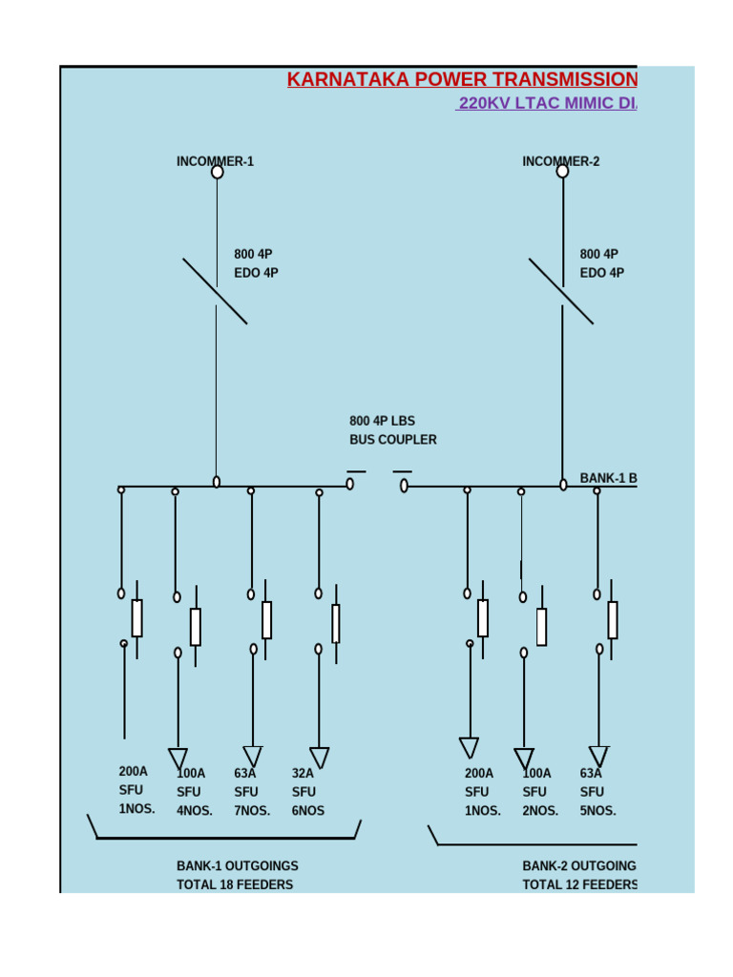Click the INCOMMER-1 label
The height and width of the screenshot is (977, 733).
tap(215, 161)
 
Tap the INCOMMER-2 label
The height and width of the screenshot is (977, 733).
tap(560, 161)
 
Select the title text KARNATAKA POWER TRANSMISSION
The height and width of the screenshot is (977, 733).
tap(462, 79)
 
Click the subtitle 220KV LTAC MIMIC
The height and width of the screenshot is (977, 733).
tap(546, 103)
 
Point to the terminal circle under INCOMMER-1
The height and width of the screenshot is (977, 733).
tap(217, 172)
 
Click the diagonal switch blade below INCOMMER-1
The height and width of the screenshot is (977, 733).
tap(215, 291)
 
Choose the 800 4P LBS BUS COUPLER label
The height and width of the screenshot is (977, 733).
tap(392, 430)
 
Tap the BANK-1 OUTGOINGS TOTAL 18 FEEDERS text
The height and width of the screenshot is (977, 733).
tap(237, 875)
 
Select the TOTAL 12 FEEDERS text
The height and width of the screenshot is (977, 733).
tap(579, 884)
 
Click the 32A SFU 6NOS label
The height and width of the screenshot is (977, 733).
tap(308, 791)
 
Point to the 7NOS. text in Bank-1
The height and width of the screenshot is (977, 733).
tap(252, 811)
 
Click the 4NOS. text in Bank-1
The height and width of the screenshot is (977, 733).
tap(195, 811)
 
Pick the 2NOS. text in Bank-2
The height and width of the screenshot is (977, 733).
tap(540, 811)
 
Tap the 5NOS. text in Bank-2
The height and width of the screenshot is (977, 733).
tap(597, 811)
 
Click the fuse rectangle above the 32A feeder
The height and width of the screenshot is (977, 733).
tap(336, 623)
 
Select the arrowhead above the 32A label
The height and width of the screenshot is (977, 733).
tap(319, 758)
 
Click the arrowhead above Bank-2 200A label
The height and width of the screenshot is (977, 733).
tap(469, 747)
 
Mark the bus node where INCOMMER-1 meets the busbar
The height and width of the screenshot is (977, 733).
tap(217, 482)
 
